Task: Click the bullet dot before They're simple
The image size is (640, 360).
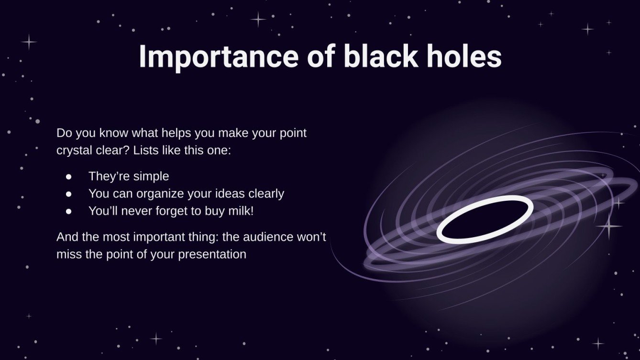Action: [68, 176]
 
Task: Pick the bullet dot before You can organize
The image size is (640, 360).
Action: [68, 194]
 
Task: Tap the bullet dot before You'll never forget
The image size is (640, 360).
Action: [68, 211]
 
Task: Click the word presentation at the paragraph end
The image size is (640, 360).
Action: [212, 254]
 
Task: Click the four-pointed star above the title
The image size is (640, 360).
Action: [258, 20]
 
